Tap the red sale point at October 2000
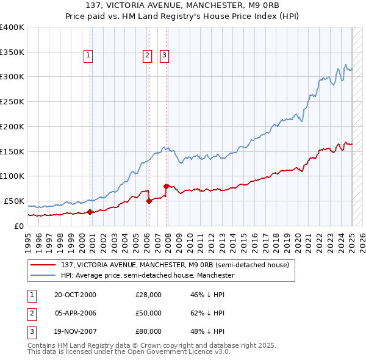click(90, 212)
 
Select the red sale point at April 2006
click(149, 201)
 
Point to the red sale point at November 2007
click(167, 185)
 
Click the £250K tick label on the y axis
click(12, 101)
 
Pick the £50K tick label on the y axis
click(15, 201)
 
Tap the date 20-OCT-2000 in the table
click(75, 295)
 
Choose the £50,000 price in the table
click(148, 313)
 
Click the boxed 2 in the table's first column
click(31, 313)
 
